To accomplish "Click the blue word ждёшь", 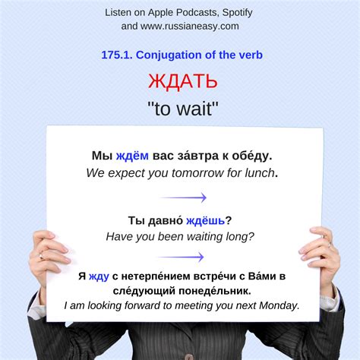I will (204, 221).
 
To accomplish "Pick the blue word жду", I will (99, 276).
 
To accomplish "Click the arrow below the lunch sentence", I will (183, 197).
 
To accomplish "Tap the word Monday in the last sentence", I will (280, 305).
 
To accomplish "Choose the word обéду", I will (251, 156).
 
